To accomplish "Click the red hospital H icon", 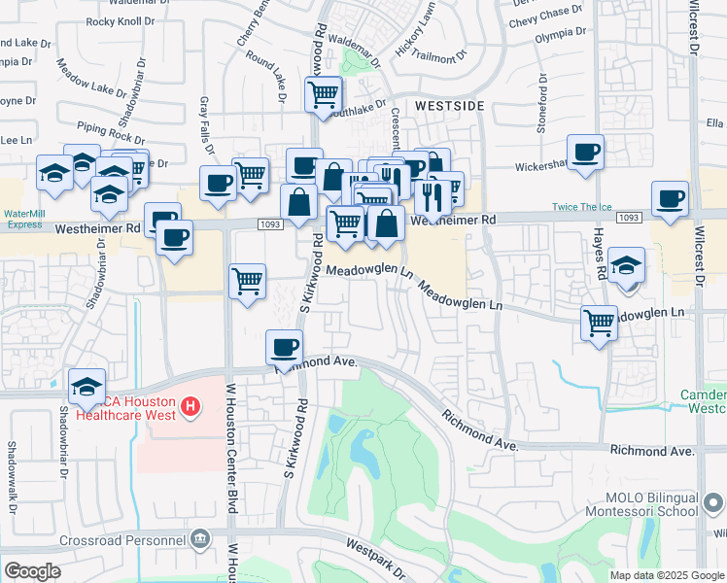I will pos(191,405).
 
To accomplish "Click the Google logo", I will pos(33,571).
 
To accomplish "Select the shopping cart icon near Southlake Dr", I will pos(323,94).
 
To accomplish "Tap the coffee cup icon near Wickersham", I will pos(585,152).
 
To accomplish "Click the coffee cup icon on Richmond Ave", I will pos(284,347).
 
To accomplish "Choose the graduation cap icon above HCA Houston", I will pos(87,386).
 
